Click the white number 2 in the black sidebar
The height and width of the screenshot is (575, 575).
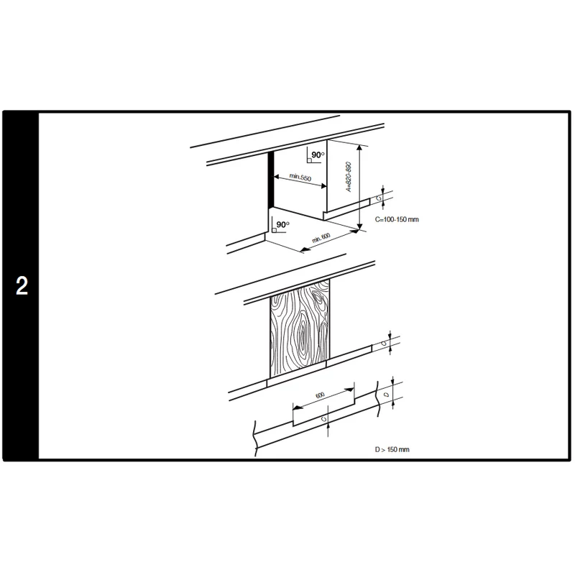tap(22, 285)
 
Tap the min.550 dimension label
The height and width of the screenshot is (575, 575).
tap(300, 177)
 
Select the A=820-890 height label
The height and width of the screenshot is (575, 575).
tap(349, 177)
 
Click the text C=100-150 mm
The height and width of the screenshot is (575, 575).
tap(397, 219)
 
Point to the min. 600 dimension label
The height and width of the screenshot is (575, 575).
tap(321, 238)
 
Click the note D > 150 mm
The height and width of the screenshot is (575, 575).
tap(392, 449)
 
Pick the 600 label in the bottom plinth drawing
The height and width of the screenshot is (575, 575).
tap(320, 395)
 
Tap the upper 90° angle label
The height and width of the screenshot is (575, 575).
tap(318, 155)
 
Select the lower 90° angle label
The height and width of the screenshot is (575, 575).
tap(282, 224)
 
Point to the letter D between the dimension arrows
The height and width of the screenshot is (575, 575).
tap(387, 395)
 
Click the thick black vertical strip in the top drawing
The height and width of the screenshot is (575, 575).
tap(271, 179)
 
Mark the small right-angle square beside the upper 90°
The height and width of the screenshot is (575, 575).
tap(310, 160)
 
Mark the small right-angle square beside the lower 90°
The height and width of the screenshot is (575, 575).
tap(275, 230)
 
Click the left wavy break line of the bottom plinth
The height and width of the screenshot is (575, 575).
tap(254, 438)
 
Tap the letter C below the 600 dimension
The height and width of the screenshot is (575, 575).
tap(323, 418)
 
